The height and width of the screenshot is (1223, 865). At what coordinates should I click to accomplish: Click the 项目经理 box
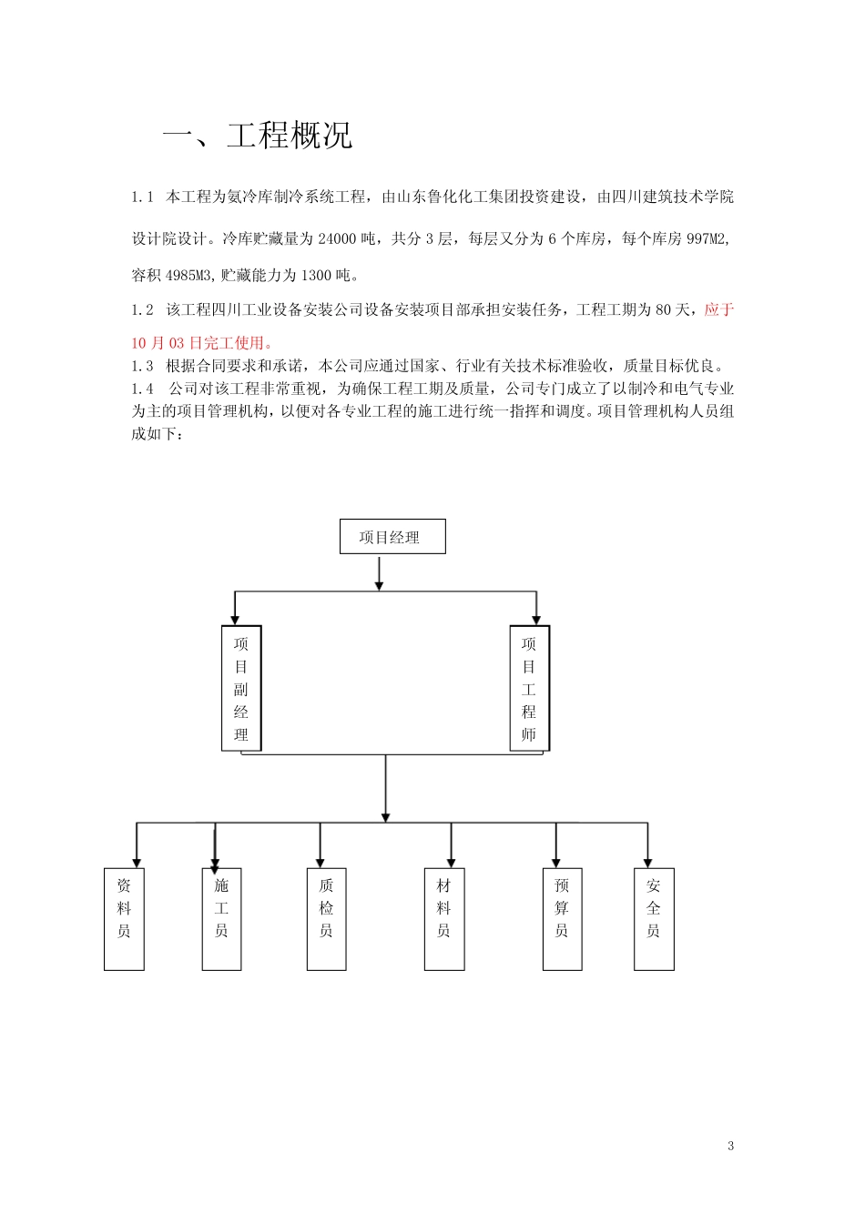[x=392, y=537]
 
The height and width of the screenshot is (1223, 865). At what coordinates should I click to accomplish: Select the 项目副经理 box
[x=241, y=688]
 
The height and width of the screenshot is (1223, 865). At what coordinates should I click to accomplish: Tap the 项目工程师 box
[x=529, y=688]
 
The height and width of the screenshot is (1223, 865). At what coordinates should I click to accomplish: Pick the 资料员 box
[x=124, y=919]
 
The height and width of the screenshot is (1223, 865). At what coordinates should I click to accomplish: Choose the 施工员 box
[x=221, y=919]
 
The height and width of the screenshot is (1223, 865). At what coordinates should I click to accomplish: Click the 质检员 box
[x=326, y=919]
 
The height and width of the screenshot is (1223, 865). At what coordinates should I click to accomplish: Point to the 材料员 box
[x=444, y=919]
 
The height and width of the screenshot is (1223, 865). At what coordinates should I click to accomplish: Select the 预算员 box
[x=562, y=919]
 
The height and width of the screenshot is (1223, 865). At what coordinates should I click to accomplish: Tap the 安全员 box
[x=654, y=919]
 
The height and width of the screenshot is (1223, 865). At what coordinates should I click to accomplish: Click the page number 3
[x=730, y=1146]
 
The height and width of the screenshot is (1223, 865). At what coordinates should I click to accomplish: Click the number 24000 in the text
[x=337, y=239]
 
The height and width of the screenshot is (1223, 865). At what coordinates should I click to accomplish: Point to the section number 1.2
[x=142, y=310]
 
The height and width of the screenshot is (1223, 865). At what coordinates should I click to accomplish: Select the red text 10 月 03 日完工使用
[x=202, y=343]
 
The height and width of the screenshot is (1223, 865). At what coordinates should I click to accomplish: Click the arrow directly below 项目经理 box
[x=379, y=573]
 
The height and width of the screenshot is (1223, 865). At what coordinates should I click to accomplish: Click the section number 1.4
[x=142, y=389]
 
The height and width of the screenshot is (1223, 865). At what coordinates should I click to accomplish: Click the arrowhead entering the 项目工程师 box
[x=535, y=619]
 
